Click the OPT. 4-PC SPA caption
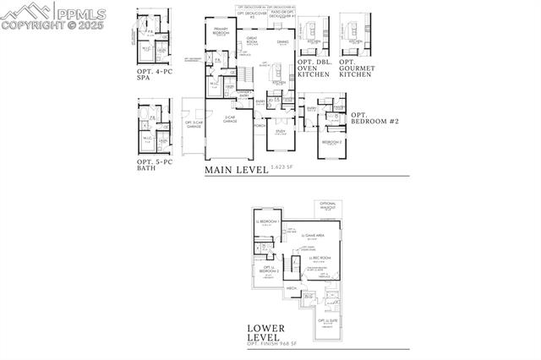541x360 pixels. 153,74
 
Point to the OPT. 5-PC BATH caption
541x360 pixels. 153,162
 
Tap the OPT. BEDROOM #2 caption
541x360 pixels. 370,118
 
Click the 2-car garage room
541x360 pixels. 229,121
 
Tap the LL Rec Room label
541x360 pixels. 320,259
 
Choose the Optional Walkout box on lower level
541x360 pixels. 329,206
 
